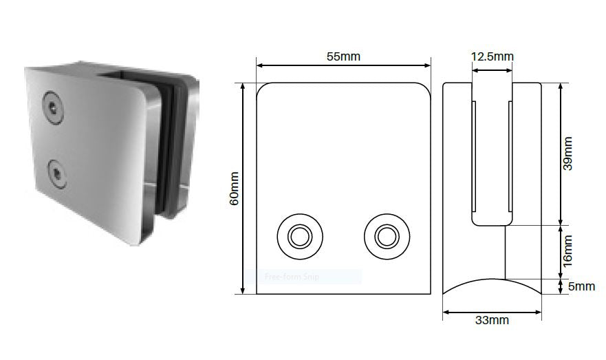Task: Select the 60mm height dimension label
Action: [234, 188]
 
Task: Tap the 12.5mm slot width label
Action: [492, 56]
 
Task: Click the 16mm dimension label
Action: [568, 251]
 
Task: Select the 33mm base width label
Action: [492, 320]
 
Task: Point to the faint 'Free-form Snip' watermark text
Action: [292, 277]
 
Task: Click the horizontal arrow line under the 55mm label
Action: [344, 66]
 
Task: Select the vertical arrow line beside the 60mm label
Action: [244, 188]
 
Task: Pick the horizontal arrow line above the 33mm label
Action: [492, 311]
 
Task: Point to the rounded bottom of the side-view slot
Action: [492, 224]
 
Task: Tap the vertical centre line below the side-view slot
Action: [506, 251]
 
